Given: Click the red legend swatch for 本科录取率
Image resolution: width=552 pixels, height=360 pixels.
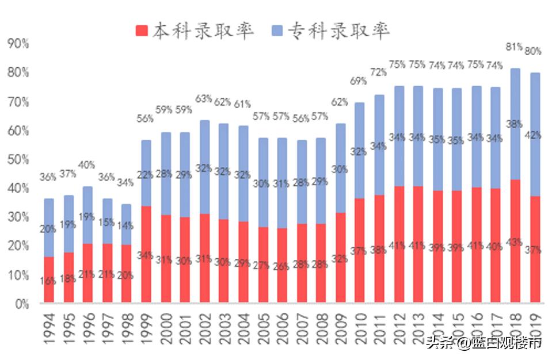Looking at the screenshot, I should coord(142,31).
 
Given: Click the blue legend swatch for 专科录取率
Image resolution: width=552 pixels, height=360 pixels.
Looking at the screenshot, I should coord(278,31).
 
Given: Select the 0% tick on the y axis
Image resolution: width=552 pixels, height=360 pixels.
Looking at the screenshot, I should coord(21,304).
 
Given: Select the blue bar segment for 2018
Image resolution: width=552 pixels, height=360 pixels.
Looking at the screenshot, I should coord(516,124).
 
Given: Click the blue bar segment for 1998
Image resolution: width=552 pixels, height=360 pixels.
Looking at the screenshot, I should coord(127,224).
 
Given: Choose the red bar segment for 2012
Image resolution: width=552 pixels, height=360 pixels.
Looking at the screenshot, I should coord(399,244).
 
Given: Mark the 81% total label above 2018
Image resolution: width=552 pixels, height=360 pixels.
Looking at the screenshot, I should coord(513,47).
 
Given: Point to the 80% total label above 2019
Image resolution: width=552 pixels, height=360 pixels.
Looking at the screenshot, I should coord(533,51).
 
